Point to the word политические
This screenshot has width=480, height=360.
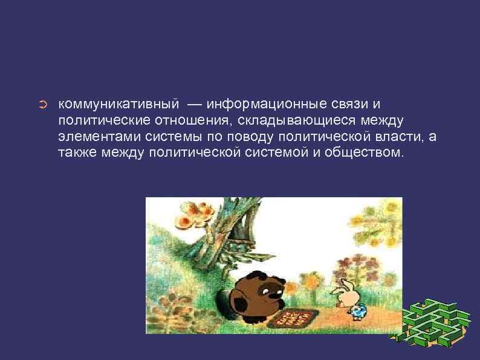coord(102,122)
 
